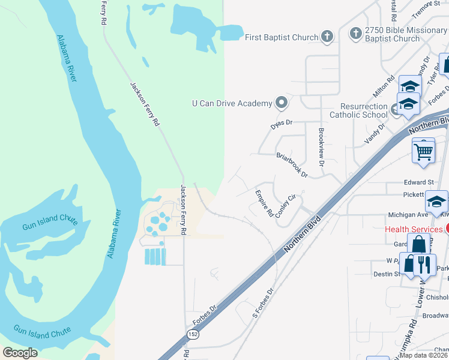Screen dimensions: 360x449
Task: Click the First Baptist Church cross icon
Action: pos(327,37)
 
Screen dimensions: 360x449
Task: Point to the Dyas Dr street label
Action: pos(281,123)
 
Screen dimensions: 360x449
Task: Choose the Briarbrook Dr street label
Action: pos(292,164)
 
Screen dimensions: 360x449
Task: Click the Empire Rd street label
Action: pos(264,203)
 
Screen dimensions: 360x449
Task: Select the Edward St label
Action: pos(418,182)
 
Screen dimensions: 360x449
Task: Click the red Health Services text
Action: pos(414,229)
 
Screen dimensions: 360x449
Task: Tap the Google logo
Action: pos(20,352)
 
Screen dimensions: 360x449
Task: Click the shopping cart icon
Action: pos(423,152)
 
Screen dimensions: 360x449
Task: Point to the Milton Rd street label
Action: pos(387,87)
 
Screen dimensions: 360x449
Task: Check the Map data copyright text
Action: pos(423,355)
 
